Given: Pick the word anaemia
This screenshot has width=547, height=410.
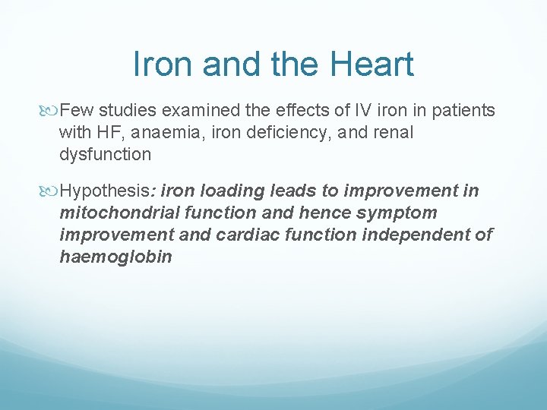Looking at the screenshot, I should tap(162, 133).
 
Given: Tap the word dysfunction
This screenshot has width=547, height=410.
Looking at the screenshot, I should tap(106, 155).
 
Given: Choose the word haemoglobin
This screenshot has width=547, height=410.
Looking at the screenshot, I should tap(115, 257).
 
